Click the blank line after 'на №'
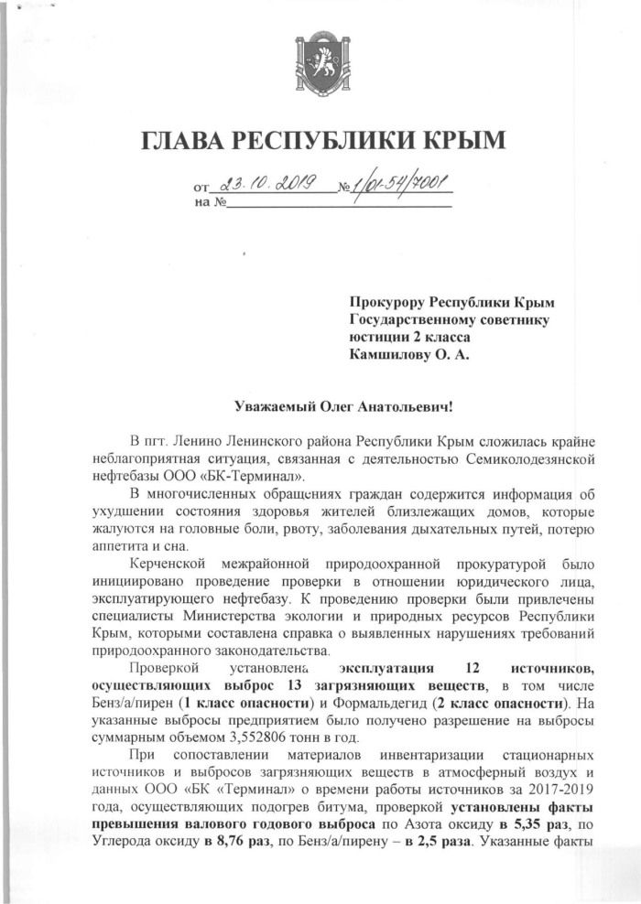339,202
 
